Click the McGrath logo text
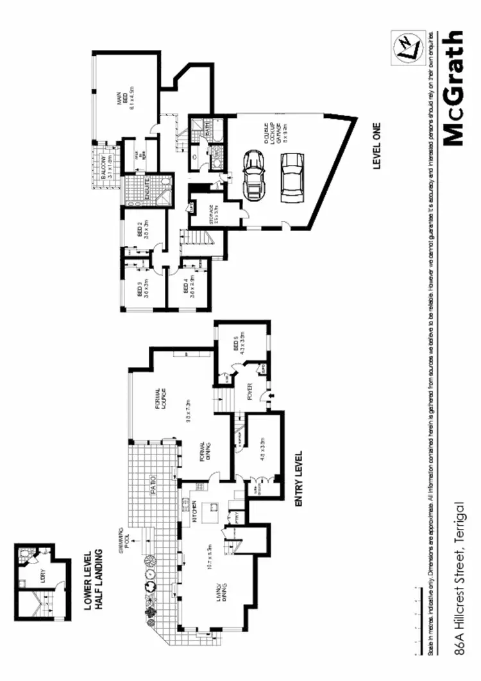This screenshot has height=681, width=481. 452,88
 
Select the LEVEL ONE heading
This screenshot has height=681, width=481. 377,146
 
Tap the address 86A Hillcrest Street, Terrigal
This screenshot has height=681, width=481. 459,576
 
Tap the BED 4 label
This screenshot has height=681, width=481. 186,284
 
